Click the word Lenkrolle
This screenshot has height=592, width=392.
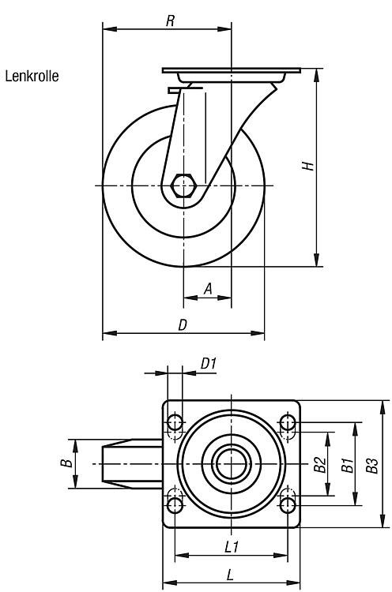[x=32, y=77]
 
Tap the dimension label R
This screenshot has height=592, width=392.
[x=171, y=21]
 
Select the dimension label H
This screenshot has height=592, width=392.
[x=308, y=166]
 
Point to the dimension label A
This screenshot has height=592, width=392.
[x=208, y=289]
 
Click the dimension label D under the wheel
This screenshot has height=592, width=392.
[x=183, y=324]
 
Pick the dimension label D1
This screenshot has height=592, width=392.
[x=209, y=364]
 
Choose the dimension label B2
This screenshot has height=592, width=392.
[x=320, y=464]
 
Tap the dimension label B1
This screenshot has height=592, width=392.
[x=348, y=465]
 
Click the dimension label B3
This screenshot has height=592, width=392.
[x=372, y=466]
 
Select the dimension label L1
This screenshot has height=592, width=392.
[x=232, y=546]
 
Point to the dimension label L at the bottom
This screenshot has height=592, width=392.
[x=230, y=575]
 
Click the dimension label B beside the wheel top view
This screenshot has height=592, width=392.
[x=66, y=463]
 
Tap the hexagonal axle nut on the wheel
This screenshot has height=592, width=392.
[x=183, y=185]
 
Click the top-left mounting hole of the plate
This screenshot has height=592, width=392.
[x=175, y=422]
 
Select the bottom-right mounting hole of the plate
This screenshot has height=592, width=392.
[x=288, y=505]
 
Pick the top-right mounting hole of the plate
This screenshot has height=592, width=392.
[x=288, y=422]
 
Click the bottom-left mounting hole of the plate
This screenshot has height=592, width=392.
[x=175, y=505]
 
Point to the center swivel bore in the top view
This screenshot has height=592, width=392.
[x=232, y=463]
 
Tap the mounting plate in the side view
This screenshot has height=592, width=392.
[x=232, y=70]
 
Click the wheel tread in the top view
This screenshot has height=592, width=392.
[x=132, y=463]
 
